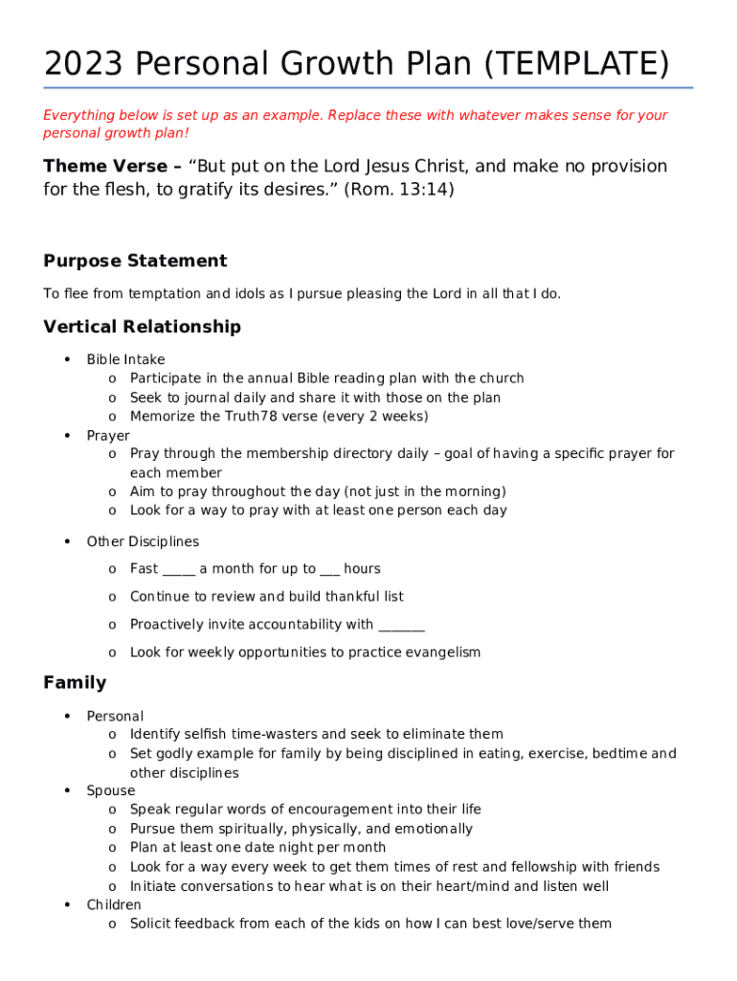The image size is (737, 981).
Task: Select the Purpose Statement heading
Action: point(135,261)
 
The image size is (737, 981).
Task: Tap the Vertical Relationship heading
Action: point(142,327)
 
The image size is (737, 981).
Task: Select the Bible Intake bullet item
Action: point(125,359)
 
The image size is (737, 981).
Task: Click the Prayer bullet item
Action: point(108,435)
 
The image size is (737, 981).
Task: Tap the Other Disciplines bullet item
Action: point(143,541)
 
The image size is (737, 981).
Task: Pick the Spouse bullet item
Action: point(111,790)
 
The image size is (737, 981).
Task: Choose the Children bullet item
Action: point(114,904)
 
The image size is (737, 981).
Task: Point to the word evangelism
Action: point(440,652)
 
